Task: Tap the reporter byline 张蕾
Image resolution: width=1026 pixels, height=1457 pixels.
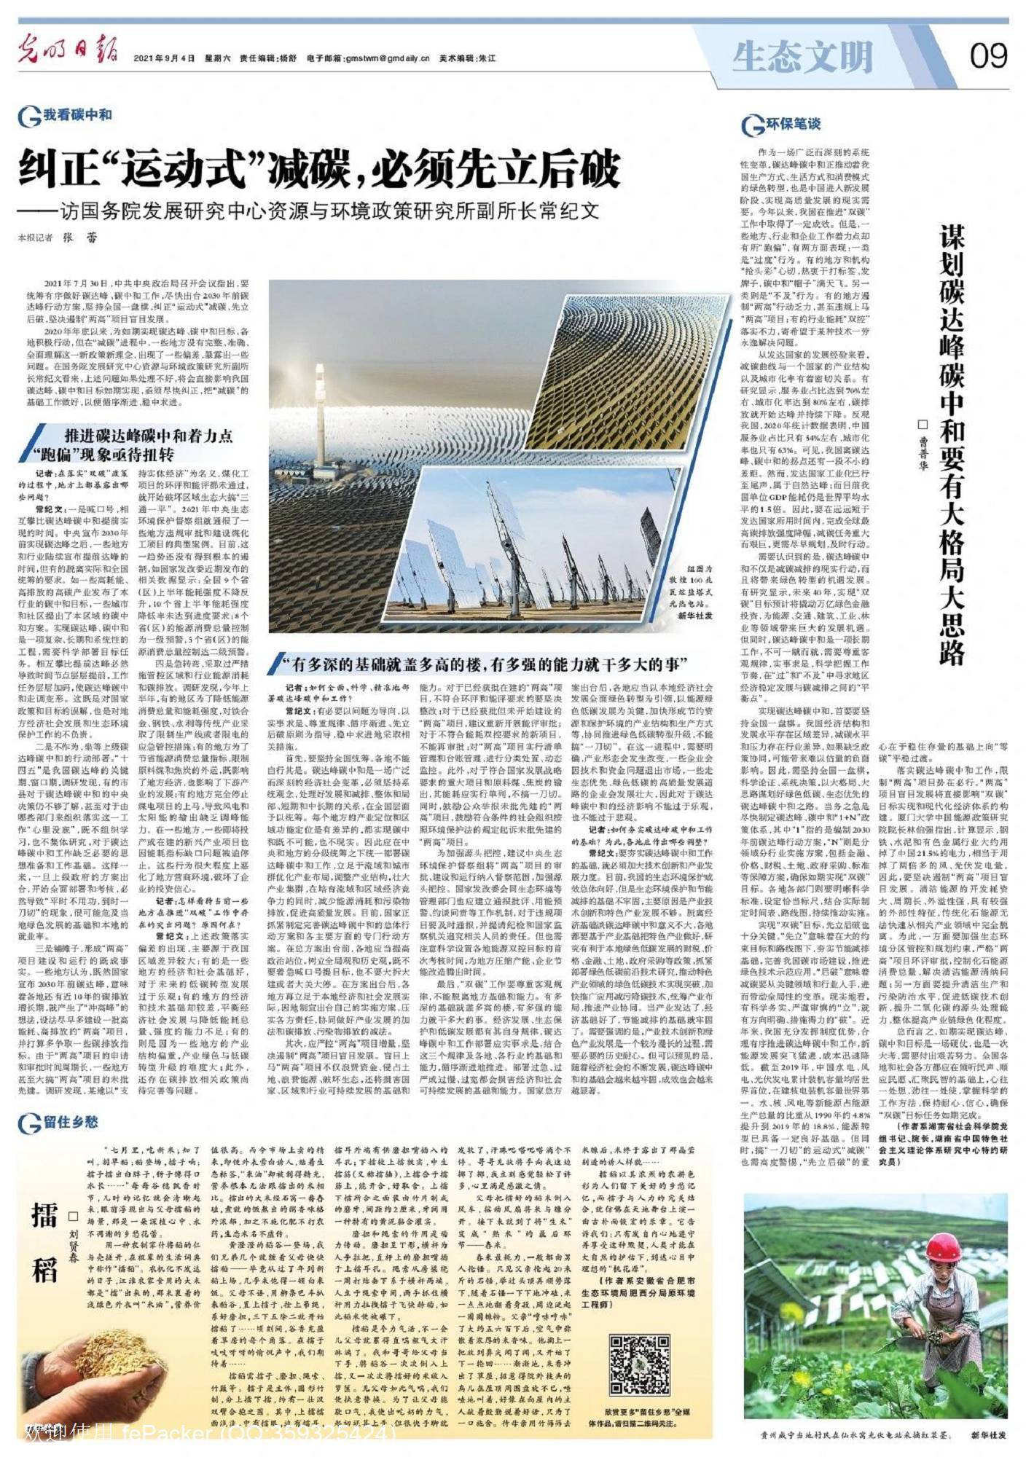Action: (x=79, y=237)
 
